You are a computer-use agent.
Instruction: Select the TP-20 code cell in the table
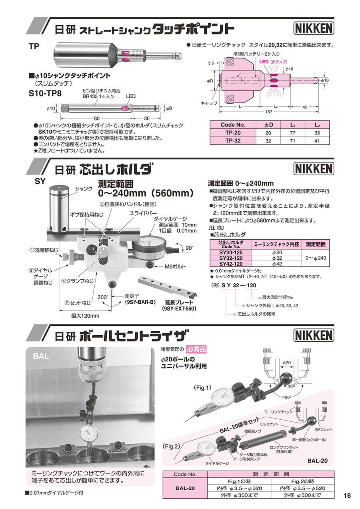pos(232,133)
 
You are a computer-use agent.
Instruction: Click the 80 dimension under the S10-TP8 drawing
pos(96,118)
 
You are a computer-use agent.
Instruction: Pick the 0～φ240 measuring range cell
pos(316,258)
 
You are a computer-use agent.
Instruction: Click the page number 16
pos(347,495)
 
